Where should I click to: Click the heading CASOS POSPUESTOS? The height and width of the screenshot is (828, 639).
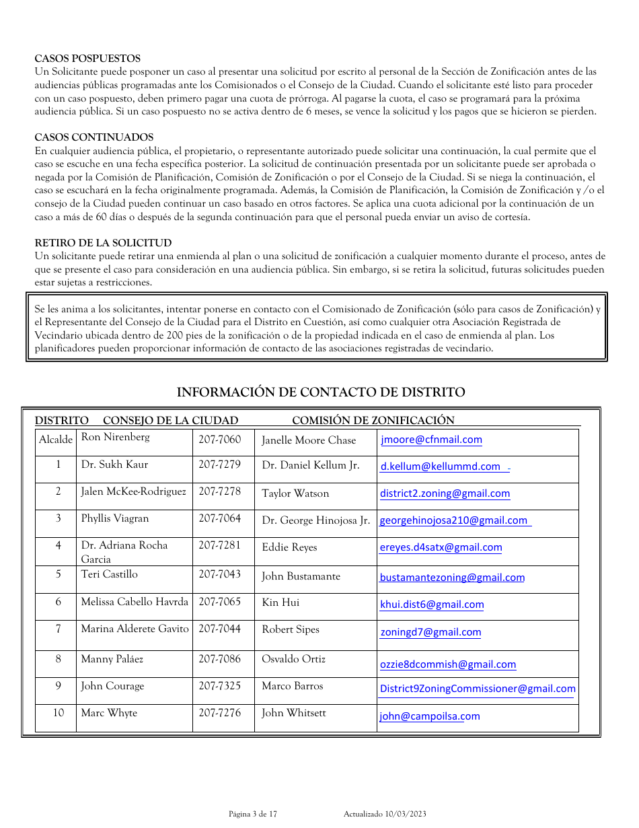point(87,59)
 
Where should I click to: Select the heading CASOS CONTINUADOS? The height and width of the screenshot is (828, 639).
point(94,137)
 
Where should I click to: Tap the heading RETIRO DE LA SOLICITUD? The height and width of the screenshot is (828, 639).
point(103,243)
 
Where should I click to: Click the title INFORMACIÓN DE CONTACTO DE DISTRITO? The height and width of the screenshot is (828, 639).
point(320,392)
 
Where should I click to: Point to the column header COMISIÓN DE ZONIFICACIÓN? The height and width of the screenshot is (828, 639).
point(373,421)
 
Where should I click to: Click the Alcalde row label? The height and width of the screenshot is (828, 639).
point(56,440)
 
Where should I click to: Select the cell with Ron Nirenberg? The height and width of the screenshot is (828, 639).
point(115,437)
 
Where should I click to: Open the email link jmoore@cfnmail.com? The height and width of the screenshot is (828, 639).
point(431,440)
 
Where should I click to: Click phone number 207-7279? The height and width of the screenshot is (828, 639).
point(219,464)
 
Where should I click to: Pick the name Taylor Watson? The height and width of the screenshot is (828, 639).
point(295,493)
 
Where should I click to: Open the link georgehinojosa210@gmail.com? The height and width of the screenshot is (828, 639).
point(453,520)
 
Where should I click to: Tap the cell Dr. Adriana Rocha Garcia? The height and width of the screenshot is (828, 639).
point(124,551)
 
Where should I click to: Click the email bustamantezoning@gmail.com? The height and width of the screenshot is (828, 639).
point(452,578)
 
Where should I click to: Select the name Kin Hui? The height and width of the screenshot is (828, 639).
point(280,602)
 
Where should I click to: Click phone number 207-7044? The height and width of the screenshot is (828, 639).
point(219,629)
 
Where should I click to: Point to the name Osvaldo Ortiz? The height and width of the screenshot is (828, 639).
point(293,659)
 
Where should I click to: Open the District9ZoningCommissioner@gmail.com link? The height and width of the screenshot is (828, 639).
point(478,689)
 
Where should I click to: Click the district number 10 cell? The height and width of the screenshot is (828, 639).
point(59,713)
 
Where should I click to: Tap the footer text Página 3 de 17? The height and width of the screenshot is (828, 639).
point(252,815)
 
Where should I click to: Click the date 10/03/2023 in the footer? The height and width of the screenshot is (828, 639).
point(406,815)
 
